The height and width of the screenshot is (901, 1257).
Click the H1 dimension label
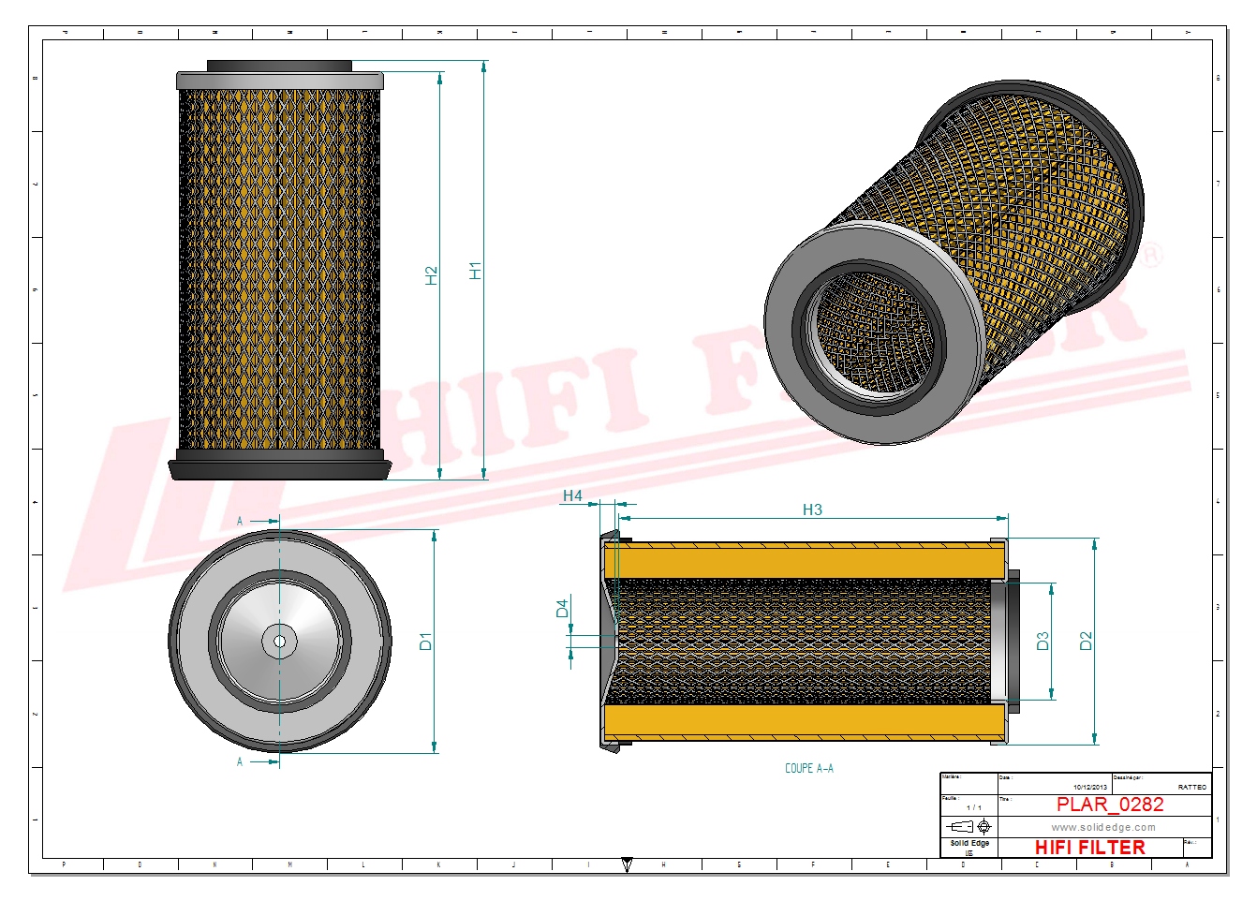coord(475,271)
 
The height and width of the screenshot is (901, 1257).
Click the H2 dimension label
coord(431,275)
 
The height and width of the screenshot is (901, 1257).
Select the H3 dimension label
coord(812,510)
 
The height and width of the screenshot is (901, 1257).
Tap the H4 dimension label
coord(572,495)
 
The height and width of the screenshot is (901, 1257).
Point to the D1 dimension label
coord(425,642)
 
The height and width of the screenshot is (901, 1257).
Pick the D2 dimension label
coord(1086,642)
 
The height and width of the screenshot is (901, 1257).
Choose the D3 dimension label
coord(1043,642)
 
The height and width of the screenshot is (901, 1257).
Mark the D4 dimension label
coord(562,609)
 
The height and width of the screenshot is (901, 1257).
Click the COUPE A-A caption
coord(808,768)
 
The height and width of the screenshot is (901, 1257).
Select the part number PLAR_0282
coord(1110,805)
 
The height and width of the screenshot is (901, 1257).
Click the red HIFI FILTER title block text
coord(1089,848)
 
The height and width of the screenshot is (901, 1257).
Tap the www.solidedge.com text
coord(1102,827)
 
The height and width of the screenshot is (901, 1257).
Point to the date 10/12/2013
coord(1089,788)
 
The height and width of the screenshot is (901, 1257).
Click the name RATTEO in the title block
coord(1191,788)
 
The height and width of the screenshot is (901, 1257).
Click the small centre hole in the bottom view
coord(279,642)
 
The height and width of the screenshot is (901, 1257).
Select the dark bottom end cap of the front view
coord(279,465)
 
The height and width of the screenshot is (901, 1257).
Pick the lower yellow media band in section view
coord(806,720)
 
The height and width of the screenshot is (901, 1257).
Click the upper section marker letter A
coord(240,521)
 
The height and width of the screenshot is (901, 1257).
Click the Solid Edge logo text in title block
coord(969,844)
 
